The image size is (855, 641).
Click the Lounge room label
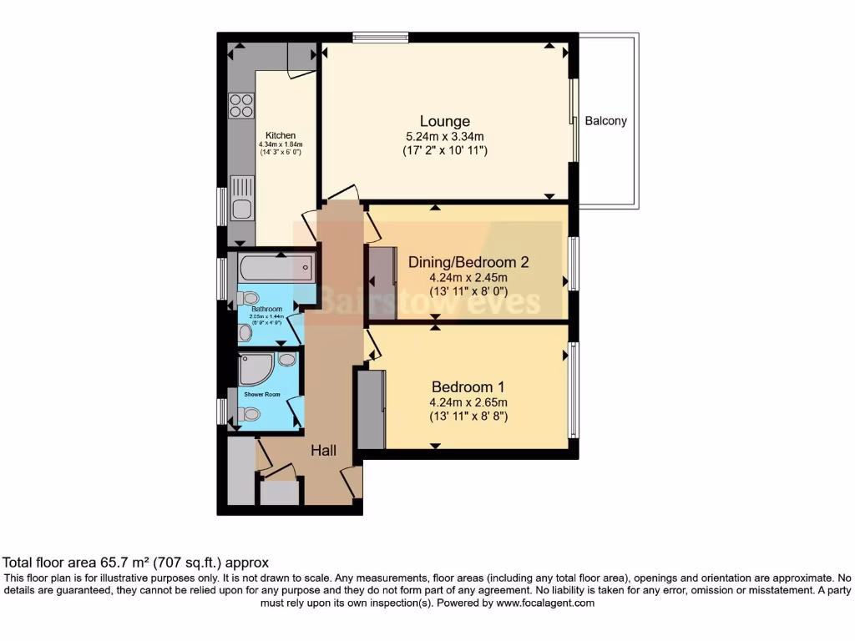(x=444, y=121)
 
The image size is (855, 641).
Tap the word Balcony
(x=605, y=121)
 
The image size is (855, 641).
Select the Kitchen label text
(x=281, y=135)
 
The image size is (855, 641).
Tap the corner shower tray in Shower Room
(x=253, y=368)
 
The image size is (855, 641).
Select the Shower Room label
(x=261, y=394)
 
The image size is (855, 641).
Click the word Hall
(x=324, y=451)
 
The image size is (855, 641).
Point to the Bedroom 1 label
(x=468, y=386)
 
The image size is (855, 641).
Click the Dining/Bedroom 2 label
(x=468, y=262)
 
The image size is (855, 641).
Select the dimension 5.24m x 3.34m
(x=444, y=136)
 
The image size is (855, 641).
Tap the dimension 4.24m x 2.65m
(x=468, y=401)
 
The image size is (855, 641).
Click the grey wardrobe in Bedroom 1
(x=372, y=409)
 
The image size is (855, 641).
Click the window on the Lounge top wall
(x=380, y=36)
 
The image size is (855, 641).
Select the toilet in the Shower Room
(x=249, y=413)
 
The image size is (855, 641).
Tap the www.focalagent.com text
(x=541, y=603)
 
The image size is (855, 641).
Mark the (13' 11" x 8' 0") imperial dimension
(x=468, y=291)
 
